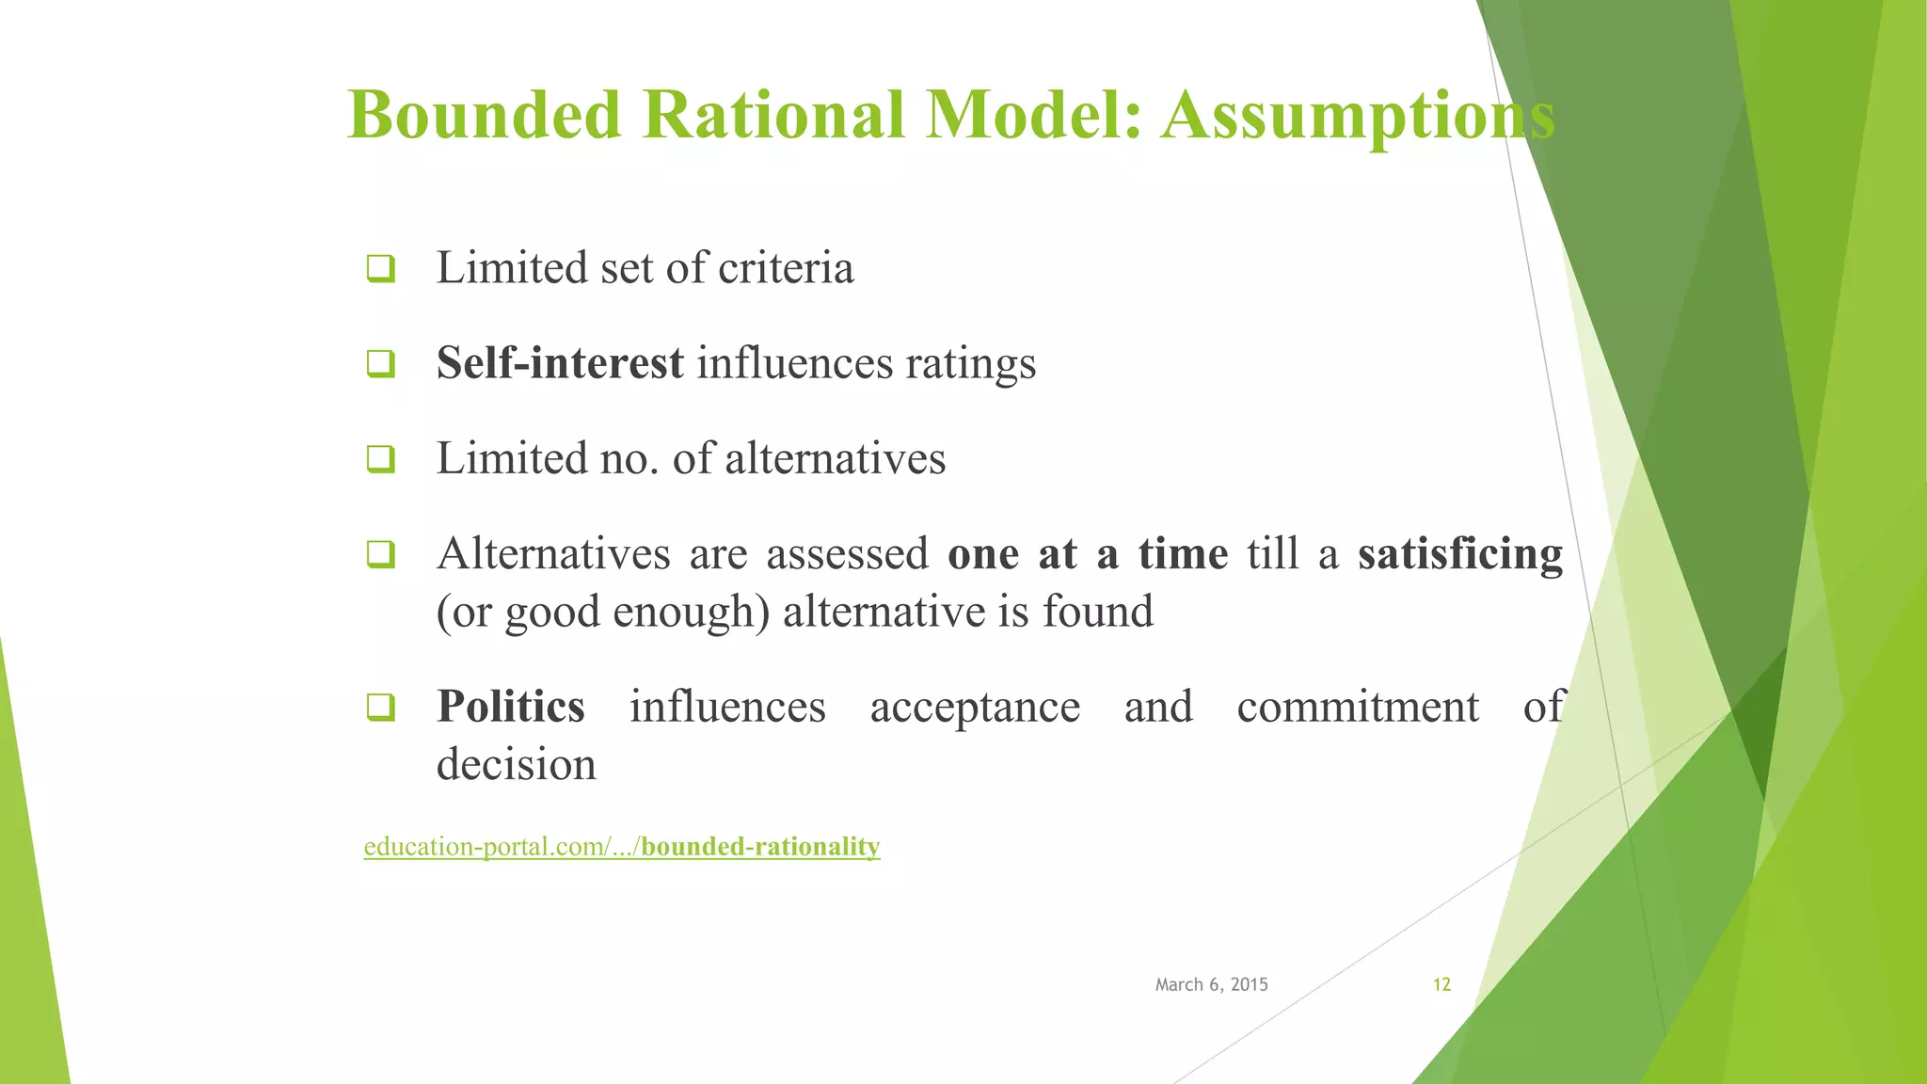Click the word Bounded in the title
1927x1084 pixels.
485,115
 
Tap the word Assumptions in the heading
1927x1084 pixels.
1357,115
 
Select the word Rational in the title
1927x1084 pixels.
773,115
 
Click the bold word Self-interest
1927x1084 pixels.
560,363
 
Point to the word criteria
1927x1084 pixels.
786,268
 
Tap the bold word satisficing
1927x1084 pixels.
1459,554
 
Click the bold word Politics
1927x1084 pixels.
511,707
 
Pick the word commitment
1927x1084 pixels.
1357,708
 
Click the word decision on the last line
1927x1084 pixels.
517,764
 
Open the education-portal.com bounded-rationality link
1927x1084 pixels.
621,847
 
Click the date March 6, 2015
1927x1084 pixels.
1211,984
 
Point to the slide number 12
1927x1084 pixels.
1441,984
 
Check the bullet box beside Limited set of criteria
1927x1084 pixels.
380,269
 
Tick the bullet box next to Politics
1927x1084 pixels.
380,707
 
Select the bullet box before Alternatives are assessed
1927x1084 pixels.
380,554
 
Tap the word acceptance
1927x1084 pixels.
975,708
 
